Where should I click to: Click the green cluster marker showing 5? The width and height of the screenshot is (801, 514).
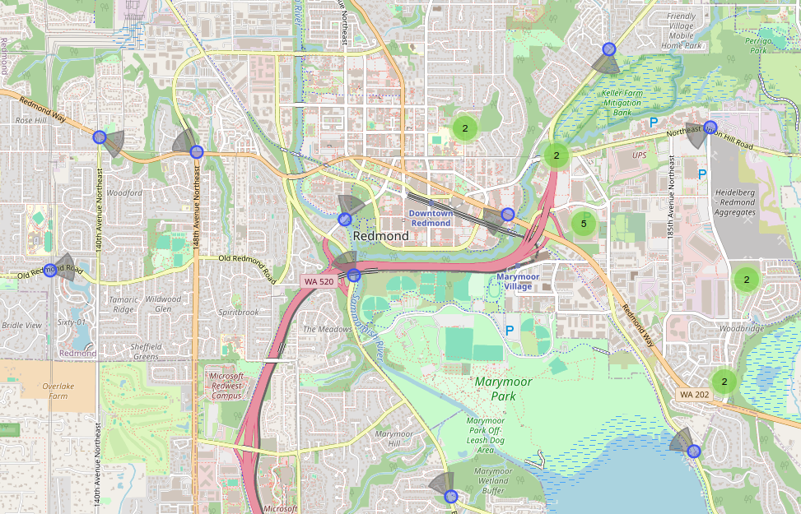584,223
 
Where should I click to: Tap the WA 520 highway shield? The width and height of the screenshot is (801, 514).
319,281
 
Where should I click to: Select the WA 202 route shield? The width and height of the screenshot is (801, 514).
694,395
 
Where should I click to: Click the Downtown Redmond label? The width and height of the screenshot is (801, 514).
431,218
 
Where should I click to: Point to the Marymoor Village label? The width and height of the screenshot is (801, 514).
518,281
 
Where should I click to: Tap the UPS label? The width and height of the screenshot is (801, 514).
640,155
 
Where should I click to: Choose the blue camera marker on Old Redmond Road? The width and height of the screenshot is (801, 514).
50,270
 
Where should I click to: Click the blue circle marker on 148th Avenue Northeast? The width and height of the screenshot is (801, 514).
196,151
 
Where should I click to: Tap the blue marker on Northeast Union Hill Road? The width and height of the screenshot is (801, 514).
710,127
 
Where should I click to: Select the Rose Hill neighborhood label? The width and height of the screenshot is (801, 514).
30,120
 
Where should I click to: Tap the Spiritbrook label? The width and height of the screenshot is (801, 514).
239,313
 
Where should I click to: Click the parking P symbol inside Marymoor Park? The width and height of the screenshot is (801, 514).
510,330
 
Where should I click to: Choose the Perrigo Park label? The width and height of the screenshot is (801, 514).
757,45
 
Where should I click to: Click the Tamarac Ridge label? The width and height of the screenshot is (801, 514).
123,304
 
